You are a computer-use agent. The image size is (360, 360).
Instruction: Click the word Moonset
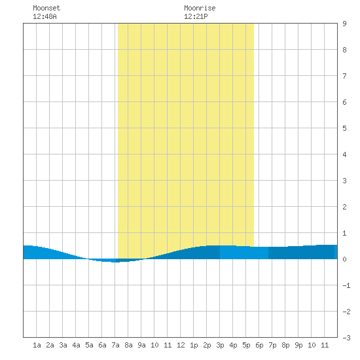click(46, 8)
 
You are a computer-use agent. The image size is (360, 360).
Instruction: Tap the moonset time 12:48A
click(45, 16)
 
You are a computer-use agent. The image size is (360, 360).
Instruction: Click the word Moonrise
click(200, 8)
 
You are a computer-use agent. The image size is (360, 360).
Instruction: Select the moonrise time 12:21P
click(196, 16)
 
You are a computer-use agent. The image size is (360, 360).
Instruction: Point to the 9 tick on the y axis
click(344, 24)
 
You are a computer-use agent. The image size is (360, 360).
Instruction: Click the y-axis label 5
click(344, 128)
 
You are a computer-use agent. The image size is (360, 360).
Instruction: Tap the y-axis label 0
click(344, 259)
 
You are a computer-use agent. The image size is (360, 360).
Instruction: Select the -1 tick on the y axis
click(346, 285)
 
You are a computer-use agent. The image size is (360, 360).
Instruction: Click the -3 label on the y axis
click(346, 338)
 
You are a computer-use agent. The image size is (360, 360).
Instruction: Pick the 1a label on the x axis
click(37, 345)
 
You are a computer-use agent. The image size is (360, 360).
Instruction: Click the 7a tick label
click(115, 345)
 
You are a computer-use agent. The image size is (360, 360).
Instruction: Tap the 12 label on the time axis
click(181, 345)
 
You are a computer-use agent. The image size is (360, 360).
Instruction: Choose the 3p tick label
click(220, 345)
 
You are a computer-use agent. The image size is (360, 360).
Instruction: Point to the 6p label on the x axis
click(259, 345)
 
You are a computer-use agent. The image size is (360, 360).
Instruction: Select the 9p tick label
click(298, 345)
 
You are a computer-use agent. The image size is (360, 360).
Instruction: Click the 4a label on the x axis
click(76, 345)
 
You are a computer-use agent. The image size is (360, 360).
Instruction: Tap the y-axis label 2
click(344, 207)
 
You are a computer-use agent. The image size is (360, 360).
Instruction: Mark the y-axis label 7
click(344, 76)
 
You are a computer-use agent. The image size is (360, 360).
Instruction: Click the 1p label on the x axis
click(194, 345)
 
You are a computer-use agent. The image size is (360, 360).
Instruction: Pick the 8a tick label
click(128, 345)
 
